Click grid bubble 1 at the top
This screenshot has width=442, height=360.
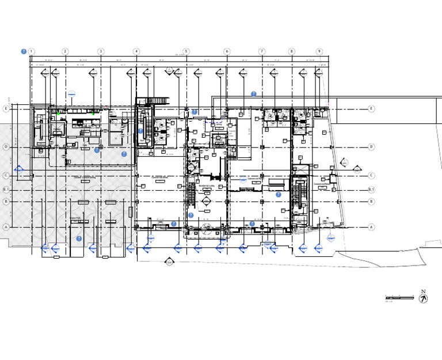[31, 51]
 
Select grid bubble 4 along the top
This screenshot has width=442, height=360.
[136, 51]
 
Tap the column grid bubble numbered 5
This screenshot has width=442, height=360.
[186, 51]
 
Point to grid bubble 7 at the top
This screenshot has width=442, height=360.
[262, 51]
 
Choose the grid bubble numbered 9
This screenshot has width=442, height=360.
[319, 51]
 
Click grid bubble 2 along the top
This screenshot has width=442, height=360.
[65, 51]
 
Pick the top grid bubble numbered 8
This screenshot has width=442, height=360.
[292, 51]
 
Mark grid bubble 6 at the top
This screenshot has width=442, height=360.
[227, 51]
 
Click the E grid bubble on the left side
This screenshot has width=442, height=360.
[6, 108]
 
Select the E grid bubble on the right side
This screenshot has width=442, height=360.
[371, 108]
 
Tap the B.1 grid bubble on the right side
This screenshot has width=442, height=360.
[371, 190]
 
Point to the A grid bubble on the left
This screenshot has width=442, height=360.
[6, 227]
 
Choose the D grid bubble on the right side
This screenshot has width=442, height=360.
[371, 147]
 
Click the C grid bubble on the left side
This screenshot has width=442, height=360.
[6, 176]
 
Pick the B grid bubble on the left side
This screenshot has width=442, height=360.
[6, 201]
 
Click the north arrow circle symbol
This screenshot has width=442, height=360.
[424, 298]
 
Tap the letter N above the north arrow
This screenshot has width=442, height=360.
[423, 291]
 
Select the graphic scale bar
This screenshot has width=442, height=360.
[399, 297]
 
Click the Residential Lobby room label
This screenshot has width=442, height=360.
[206, 185]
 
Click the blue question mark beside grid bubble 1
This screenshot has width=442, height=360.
[24, 51]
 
